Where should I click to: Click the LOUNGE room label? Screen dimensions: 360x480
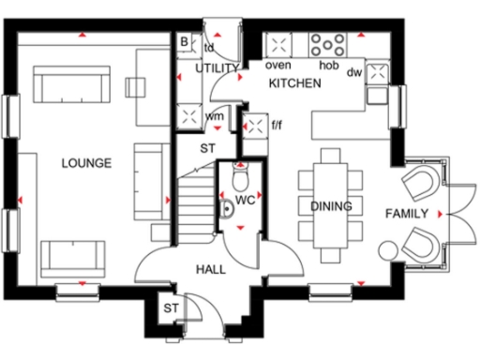click(86, 163)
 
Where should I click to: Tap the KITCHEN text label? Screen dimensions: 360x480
click(295, 84)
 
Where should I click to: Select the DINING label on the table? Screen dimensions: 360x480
click(331, 206)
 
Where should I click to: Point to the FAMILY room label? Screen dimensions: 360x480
click(407, 214)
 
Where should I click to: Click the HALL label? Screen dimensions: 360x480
click(210, 269)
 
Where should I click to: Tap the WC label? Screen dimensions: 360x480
click(246, 201)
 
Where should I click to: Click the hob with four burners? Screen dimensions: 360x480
click(329, 45)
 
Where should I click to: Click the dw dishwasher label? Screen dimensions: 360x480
click(353, 71)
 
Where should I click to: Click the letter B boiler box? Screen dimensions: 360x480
click(185, 41)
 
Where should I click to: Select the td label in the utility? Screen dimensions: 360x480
click(209, 46)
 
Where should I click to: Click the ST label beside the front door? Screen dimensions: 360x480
click(171, 308)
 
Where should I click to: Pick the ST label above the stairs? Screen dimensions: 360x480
click(207, 147)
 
